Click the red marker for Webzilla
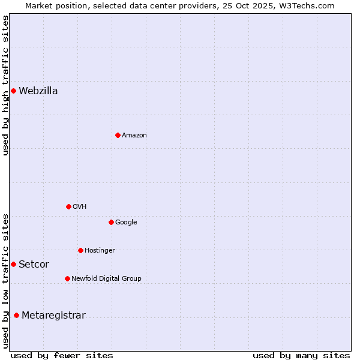(x=13, y=91)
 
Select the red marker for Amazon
(x=118, y=136)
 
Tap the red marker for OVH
(x=68, y=207)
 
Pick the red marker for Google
(x=111, y=223)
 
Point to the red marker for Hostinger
(x=80, y=250)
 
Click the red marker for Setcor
(x=13, y=265)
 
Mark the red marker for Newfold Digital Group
(x=67, y=279)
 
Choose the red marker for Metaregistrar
(x=16, y=316)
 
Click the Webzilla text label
(x=38, y=91)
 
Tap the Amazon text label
(x=134, y=136)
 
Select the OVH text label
(x=80, y=207)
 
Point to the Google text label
(x=126, y=223)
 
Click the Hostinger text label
(x=100, y=250)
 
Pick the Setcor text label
(x=34, y=265)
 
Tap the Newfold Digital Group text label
(x=106, y=279)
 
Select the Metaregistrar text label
(x=53, y=316)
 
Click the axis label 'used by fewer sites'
(x=62, y=355)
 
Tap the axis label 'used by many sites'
(x=301, y=355)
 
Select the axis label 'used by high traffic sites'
(x=6, y=85)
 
